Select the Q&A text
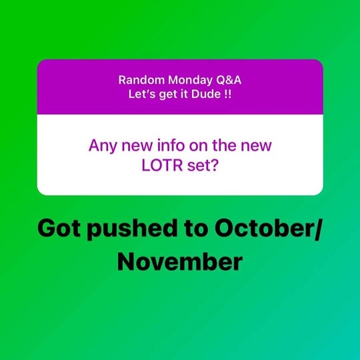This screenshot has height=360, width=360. [x=229, y=81]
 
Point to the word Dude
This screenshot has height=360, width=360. [x=206, y=94]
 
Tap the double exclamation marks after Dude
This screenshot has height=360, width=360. [x=227, y=94]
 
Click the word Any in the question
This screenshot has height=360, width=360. [x=103, y=146]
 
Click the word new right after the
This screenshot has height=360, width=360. [x=256, y=146]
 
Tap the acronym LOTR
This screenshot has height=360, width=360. [x=162, y=165]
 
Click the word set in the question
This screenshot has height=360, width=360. [x=197, y=166]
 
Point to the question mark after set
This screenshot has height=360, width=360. [x=213, y=165]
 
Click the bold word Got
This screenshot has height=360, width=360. [x=59, y=228]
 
